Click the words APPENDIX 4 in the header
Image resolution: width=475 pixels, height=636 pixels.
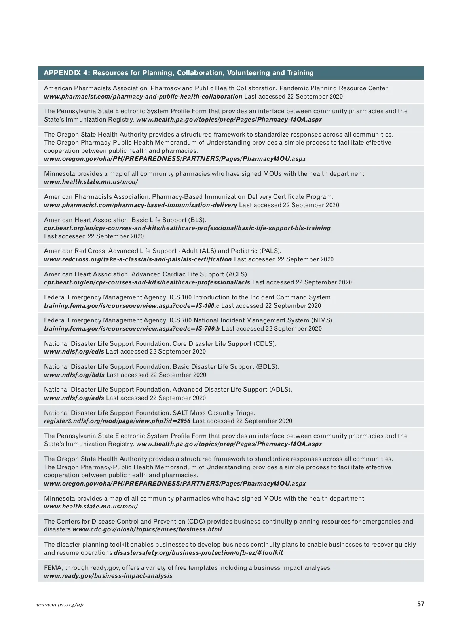pyautogui.click(x=66, y=73)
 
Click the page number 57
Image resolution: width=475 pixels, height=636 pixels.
pyautogui.click(x=420, y=604)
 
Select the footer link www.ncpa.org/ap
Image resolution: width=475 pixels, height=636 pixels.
pyautogui.click(x=60, y=605)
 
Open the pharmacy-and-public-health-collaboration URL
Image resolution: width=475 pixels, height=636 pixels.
pyautogui.click(x=143, y=97)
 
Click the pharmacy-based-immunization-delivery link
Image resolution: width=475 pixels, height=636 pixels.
pyautogui.click(x=141, y=205)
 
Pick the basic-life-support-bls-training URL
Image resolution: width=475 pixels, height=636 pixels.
pyautogui.click(x=187, y=228)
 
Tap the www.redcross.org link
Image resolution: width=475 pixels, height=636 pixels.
pyautogui.click(x=137, y=259)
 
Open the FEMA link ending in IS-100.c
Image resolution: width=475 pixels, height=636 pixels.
pyautogui.click(x=131, y=306)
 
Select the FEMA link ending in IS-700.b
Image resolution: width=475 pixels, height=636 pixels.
pyautogui.click(x=132, y=329)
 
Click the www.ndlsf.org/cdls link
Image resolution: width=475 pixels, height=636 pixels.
pyautogui.click(x=74, y=352)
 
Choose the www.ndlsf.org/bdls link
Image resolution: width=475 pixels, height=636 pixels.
pyautogui.click(x=74, y=375)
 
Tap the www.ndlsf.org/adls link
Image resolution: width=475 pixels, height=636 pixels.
pyautogui.click(x=74, y=398)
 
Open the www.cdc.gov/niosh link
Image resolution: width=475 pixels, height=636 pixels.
pyautogui.click(x=147, y=529)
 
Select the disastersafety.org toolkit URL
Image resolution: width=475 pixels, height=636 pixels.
pyautogui.click(x=198, y=553)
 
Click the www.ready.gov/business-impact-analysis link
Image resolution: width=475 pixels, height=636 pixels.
pyautogui.click(x=108, y=576)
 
